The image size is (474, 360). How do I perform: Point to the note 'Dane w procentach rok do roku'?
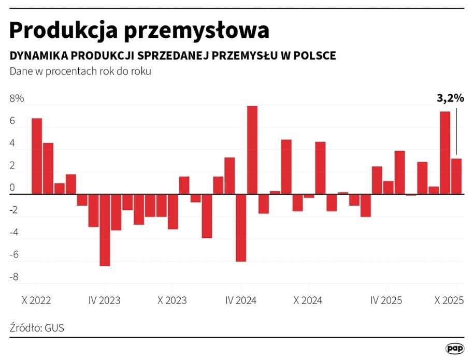pyautogui.click(x=80, y=72)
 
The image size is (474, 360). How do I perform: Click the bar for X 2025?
pyautogui.click(x=456, y=176)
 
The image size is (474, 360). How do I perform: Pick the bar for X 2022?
pyautogui.click(x=37, y=156)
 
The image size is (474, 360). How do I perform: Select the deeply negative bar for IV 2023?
pyautogui.click(x=105, y=230)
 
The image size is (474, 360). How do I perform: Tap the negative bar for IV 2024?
pyautogui.click(x=241, y=228)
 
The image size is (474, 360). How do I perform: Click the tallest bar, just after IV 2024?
pyautogui.click(x=252, y=150)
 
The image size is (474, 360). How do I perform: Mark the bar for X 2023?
pyautogui.click(x=173, y=211)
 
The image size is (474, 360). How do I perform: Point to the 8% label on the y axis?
pyautogui.click(x=17, y=99)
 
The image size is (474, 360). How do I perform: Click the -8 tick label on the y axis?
pyautogui.click(x=14, y=277)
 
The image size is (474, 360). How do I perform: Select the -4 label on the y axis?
pyautogui.click(x=14, y=233)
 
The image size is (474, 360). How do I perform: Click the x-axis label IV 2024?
pyautogui.click(x=241, y=300)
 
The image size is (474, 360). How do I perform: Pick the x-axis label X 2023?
pyautogui.click(x=173, y=300)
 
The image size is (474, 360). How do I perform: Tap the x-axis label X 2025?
pyautogui.click(x=449, y=300)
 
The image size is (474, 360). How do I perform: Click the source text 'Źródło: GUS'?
pyautogui.click(x=37, y=327)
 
